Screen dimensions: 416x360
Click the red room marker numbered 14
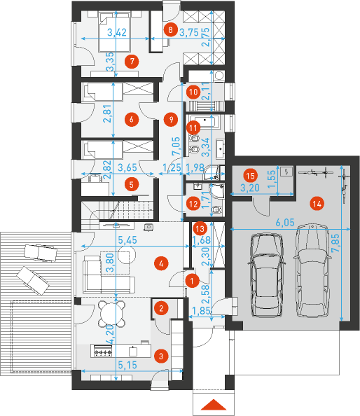pos(317,203)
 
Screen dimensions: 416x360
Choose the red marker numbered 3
pos(161,356)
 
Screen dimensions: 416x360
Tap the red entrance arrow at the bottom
pos(213,405)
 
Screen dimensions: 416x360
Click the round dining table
pos(113,310)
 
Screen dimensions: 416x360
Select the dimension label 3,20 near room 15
pos(249,187)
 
